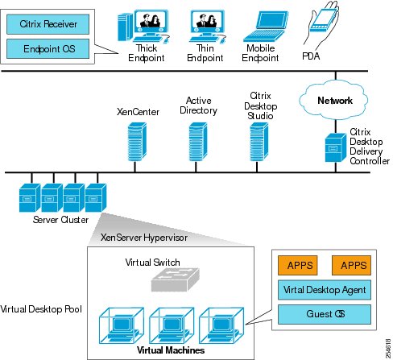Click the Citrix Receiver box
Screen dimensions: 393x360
(x=48, y=24)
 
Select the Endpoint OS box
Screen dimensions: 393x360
(x=48, y=48)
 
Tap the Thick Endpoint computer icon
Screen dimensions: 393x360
(x=144, y=27)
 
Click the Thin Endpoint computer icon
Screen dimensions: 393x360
(x=207, y=27)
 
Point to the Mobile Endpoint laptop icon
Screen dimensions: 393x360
(x=266, y=27)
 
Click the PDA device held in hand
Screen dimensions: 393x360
(x=321, y=23)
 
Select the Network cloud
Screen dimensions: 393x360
(x=333, y=100)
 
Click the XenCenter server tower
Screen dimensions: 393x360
(x=137, y=142)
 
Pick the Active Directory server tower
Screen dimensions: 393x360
(x=198, y=142)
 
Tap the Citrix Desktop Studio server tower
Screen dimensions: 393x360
(x=259, y=142)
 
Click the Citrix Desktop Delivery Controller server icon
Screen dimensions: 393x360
(x=336, y=147)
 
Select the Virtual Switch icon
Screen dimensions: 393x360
(x=176, y=279)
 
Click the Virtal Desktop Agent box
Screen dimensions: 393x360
(x=325, y=290)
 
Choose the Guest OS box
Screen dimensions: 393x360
(x=325, y=314)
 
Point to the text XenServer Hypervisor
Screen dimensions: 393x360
(x=144, y=238)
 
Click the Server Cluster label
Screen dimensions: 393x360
(x=60, y=220)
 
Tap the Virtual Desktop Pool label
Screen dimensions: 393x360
(x=41, y=309)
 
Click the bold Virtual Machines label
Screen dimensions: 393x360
(x=171, y=350)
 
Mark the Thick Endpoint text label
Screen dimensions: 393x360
(x=147, y=53)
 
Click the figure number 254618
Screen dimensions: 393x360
(x=388, y=349)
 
